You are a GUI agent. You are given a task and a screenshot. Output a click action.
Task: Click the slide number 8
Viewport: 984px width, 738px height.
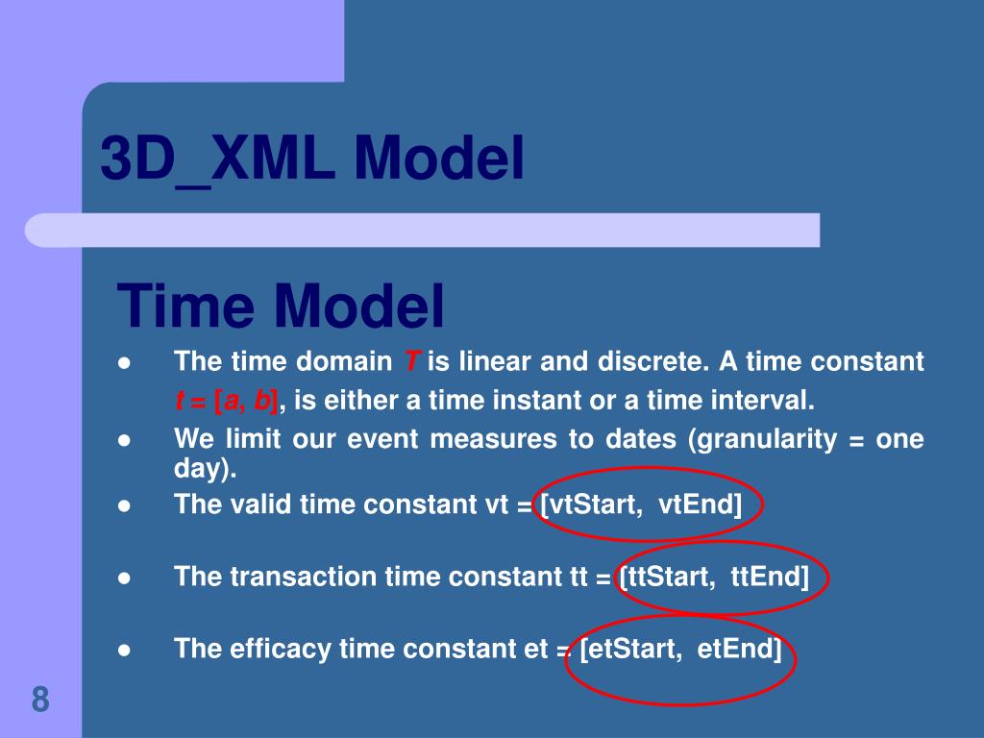coord(39,700)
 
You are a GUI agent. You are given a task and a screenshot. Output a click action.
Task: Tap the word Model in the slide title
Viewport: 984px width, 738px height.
coord(438,159)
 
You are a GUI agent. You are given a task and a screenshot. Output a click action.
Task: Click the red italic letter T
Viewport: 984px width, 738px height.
coord(410,362)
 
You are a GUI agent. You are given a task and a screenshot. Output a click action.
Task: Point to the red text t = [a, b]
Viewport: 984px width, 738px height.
coord(227,399)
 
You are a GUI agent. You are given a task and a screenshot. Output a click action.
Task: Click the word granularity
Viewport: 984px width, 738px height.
coord(761,439)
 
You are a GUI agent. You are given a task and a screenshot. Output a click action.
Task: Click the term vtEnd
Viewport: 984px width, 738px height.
coord(700,504)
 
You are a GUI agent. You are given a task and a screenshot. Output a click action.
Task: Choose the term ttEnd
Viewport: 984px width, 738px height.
coord(769,577)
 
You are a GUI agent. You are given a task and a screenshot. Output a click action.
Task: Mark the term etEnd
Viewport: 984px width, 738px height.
coord(738,649)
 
